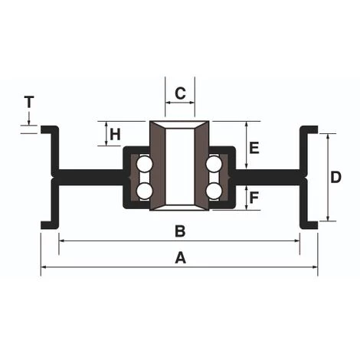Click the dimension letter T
click(29, 102)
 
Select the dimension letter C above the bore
click(180, 93)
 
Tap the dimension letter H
click(115, 134)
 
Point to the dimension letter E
click(254, 148)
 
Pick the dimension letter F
click(254, 198)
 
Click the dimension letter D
click(335, 177)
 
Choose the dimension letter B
click(180, 231)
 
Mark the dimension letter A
click(180, 257)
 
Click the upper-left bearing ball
click(145, 164)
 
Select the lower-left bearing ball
click(145, 191)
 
